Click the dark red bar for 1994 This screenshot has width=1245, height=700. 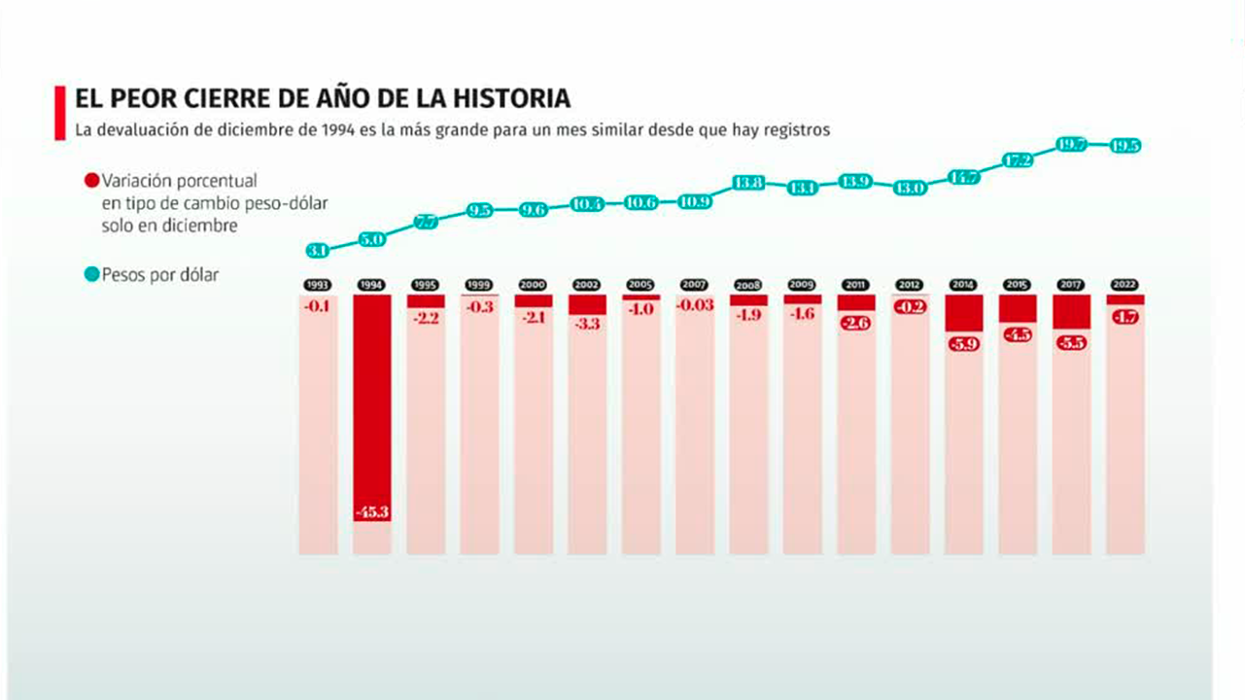(x=372, y=399)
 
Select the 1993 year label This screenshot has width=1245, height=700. (x=318, y=286)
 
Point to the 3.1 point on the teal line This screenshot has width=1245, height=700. (x=318, y=251)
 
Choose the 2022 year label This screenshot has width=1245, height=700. (x=1125, y=286)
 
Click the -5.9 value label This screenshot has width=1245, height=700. (x=963, y=342)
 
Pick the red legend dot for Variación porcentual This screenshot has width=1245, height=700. (x=92, y=181)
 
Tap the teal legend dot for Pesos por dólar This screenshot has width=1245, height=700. (x=92, y=275)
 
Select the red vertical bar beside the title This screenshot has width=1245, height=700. (x=60, y=113)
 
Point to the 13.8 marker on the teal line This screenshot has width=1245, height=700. (x=748, y=182)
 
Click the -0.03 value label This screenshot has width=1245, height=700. (x=695, y=305)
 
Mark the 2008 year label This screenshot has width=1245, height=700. (x=748, y=286)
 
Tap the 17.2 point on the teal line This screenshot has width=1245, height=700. (x=1017, y=161)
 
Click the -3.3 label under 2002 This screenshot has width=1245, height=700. (x=587, y=325)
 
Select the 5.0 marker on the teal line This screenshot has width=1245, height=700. (x=372, y=238)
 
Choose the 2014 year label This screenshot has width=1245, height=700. (x=963, y=286)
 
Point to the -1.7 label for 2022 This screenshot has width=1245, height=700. (x=1125, y=317)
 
